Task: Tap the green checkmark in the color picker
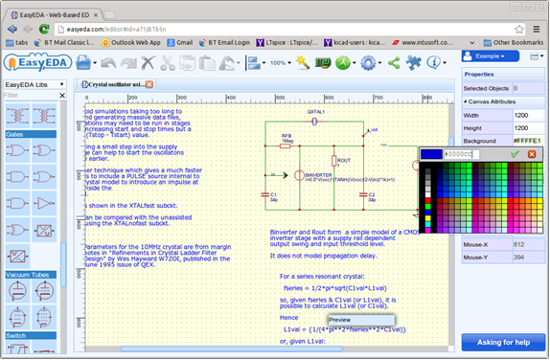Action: point(516,153)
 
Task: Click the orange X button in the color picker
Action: point(532,153)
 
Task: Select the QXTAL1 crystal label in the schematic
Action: point(317,111)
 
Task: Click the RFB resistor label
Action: point(286,136)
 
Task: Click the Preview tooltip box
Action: point(360,320)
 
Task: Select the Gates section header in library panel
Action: point(14,135)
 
